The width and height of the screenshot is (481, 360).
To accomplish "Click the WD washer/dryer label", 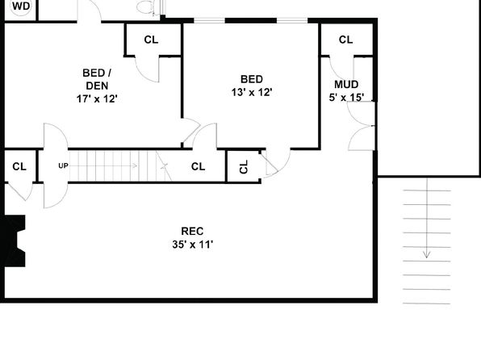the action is tap(21, 6).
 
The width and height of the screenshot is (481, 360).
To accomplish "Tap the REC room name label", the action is tap(192, 231).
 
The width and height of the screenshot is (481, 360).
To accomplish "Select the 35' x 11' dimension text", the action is tap(193, 245).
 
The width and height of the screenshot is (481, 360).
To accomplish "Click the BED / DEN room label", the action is tap(97, 79).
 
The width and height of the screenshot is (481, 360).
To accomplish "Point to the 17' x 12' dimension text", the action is tap(97, 98).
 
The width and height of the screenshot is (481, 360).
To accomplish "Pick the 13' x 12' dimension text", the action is tap(252, 92).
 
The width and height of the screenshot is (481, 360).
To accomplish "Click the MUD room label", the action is tap(346, 85).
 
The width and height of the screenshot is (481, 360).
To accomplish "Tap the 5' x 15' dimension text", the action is tap(346, 98).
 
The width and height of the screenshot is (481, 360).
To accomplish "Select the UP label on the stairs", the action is tap(63, 165).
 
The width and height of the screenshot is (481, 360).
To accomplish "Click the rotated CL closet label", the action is tap(244, 166).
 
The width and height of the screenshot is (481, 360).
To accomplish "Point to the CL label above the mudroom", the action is tap(345, 40).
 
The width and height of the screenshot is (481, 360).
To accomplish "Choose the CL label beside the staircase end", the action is tap(198, 166).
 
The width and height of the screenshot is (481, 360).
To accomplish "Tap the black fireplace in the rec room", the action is tap(13, 241).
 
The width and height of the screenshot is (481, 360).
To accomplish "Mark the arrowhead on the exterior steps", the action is tap(426, 254).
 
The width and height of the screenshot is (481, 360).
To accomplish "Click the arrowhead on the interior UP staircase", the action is tap(134, 165).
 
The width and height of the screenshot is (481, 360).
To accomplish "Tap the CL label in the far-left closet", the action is tap(19, 166).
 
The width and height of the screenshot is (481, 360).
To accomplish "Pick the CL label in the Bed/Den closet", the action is tap(151, 40).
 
